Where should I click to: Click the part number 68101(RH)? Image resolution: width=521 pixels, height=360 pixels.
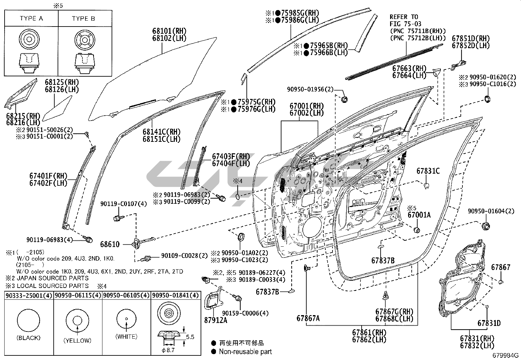[x=169, y=31]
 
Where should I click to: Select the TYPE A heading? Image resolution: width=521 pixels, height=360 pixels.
[x=31, y=18]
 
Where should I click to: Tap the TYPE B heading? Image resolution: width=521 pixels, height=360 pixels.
[x=83, y=18]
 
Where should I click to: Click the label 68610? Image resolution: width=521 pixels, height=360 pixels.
[x=110, y=244]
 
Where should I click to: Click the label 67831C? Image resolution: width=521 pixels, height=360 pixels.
[x=428, y=171]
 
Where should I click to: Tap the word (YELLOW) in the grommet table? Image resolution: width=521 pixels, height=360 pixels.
[x=77, y=340]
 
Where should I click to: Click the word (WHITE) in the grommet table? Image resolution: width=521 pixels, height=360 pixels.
[x=126, y=336]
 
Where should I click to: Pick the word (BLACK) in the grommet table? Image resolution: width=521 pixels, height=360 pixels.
[x=28, y=338]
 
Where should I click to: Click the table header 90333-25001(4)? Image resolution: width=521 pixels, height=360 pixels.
[x=28, y=295]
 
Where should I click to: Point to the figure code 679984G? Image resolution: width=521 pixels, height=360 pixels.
[x=506, y=355]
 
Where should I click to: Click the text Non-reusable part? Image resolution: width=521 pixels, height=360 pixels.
[x=245, y=352]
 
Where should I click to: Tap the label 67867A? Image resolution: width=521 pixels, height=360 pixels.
[x=308, y=318]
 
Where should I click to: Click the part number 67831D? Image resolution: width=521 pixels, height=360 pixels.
[x=489, y=323]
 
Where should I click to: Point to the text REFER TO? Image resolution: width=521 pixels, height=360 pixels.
[x=404, y=17]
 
